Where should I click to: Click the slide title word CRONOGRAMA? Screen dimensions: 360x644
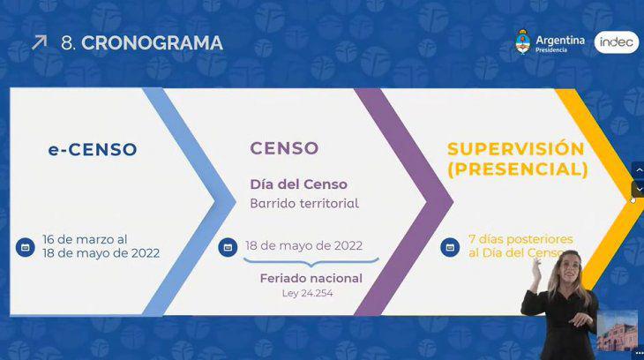pos(152,42)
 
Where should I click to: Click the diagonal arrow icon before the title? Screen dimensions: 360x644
pos(39,41)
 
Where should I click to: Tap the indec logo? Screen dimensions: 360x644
pos(616,42)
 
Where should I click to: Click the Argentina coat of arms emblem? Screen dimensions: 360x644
pos(523,41)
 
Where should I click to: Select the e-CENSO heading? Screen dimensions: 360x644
pos(93,150)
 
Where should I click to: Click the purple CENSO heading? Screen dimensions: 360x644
pos(284,148)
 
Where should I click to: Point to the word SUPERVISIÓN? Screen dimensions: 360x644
pos(515,148)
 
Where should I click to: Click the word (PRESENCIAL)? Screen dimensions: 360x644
pos(517,168)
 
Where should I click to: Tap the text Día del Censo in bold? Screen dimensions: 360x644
pos(298,184)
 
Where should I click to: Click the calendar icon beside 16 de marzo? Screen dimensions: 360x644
pos(25,246)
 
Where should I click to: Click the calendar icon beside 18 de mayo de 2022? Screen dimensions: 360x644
pos(228,246)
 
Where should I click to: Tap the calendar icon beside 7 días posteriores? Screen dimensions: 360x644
pos(450,246)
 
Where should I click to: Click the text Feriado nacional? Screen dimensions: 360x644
pos(311,278)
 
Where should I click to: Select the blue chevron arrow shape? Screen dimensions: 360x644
pos(190,201)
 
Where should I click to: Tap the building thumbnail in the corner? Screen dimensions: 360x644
pos(617,330)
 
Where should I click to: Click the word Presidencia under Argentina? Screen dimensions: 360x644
pos(551,50)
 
